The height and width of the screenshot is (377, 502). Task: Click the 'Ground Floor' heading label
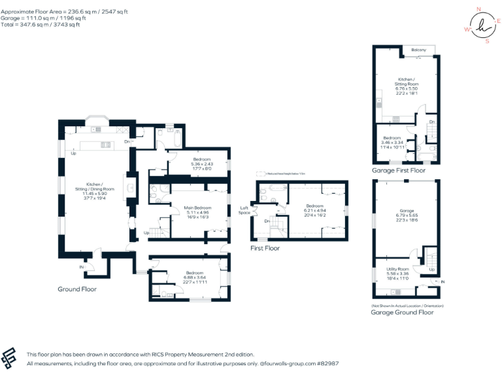coord(78,289)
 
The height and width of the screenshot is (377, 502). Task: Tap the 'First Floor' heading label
coord(265,248)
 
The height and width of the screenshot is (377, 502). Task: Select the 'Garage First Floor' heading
coord(398,170)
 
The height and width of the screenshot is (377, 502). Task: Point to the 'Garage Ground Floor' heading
coord(402,312)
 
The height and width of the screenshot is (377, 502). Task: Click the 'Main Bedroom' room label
coord(197,207)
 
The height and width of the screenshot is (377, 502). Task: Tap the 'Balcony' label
coord(419,50)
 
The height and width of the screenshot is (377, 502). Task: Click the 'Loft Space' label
coord(244,210)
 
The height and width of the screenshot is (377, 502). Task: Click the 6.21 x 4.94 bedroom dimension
coord(315,209)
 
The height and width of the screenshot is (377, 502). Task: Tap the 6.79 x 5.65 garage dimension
coord(406,215)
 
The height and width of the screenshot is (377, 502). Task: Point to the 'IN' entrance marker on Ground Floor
coord(82,267)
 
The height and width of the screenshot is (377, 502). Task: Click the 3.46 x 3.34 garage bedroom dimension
coord(393,143)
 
